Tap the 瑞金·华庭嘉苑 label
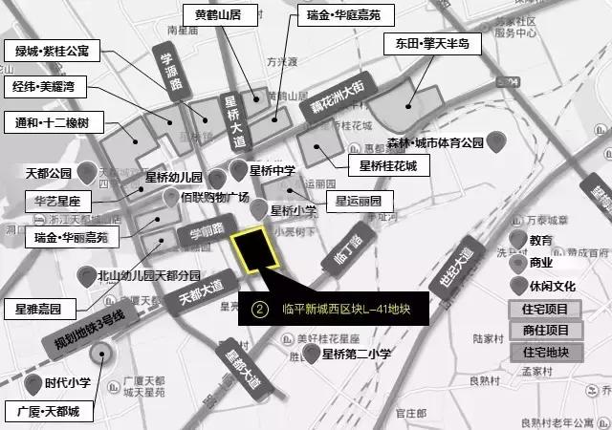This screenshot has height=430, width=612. click(x=339, y=16)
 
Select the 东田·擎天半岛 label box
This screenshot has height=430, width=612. click(x=426, y=44)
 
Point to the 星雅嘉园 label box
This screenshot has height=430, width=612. click(x=38, y=309)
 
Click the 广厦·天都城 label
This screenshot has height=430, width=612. click(x=48, y=412)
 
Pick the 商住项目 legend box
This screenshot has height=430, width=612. click(x=546, y=331)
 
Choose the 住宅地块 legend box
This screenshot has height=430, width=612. click(x=546, y=352)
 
